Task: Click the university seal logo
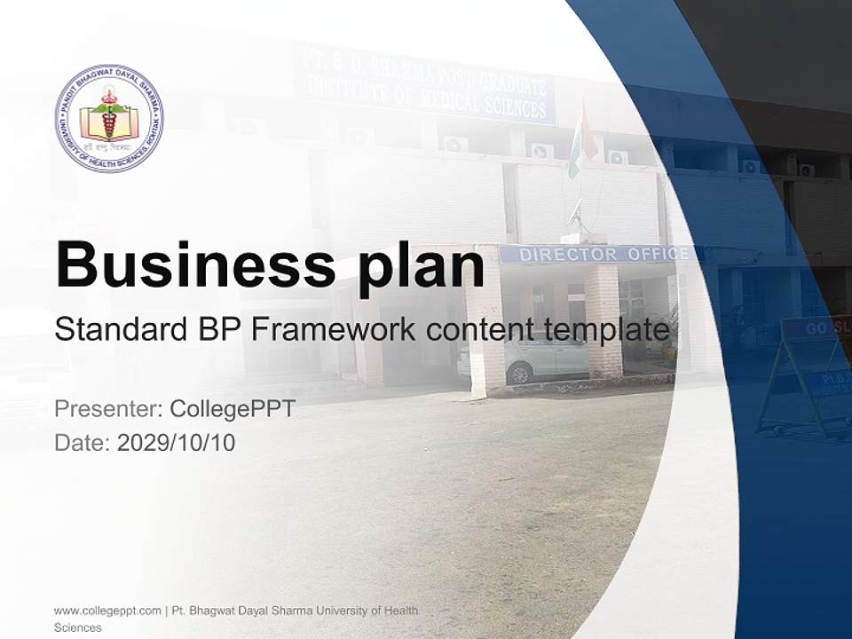(x=109, y=118)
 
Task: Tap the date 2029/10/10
(x=176, y=443)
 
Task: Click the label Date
(x=82, y=443)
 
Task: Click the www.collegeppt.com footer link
(x=106, y=611)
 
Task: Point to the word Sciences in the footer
(x=78, y=627)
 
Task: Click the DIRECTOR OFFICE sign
(x=603, y=255)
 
